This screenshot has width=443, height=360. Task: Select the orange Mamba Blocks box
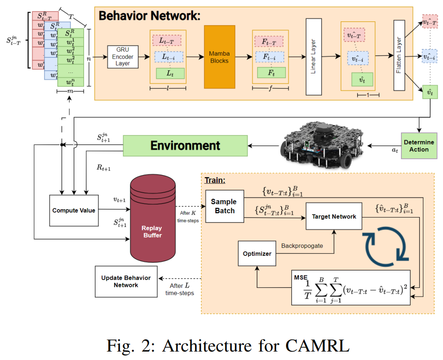(x=219, y=57)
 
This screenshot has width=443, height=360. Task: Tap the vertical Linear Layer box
(x=313, y=57)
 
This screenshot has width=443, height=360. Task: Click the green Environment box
(x=185, y=146)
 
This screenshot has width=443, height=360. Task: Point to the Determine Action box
(x=419, y=146)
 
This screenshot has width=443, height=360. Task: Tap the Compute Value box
(x=74, y=210)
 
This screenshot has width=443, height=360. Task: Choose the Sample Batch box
(x=224, y=206)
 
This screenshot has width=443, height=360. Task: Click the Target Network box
(x=334, y=216)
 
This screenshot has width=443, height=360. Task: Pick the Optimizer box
(x=257, y=253)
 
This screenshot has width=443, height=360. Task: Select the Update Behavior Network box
(x=125, y=281)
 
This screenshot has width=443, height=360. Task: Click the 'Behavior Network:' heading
(x=149, y=16)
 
